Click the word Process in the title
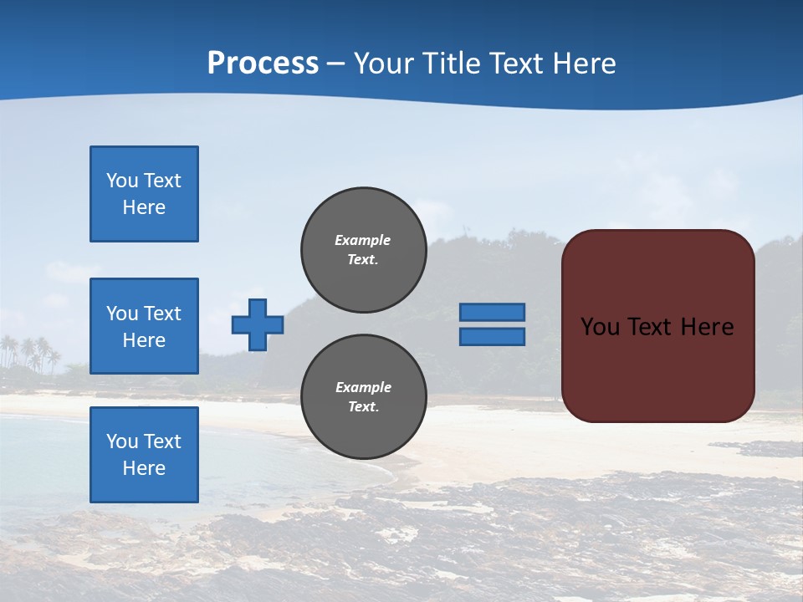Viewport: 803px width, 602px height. pyautogui.click(x=263, y=64)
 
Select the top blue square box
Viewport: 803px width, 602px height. pyautogui.click(x=144, y=194)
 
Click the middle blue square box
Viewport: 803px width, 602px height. pyautogui.click(x=144, y=326)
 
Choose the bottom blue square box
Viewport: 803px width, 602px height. pyautogui.click(x=144, y=455)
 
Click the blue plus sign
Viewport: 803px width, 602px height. pyautogui.click(x=258, y=325)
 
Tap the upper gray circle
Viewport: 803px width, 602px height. pyautogui.click(x=364, y=250)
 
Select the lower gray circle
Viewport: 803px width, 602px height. pyautogui.click(x=364, y=397)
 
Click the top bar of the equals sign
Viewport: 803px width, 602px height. pyautogui.click(x=493, y=312)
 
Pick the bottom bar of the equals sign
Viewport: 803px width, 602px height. pyautogui.click(x=493, y=336)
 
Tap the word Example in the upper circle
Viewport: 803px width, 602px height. pyautogui.click(x=363, y=240)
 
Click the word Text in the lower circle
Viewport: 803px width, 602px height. pyautogui.click(x=363, y=407)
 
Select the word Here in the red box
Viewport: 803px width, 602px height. pyautogui.click(x=707, y=327)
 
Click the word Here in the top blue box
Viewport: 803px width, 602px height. pyautogui.click(x=144, y=207)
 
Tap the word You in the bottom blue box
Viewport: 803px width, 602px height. pyautogui.click(x=122, y=441)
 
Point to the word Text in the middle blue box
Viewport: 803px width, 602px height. pyautogui.click(x=162, y=314)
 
